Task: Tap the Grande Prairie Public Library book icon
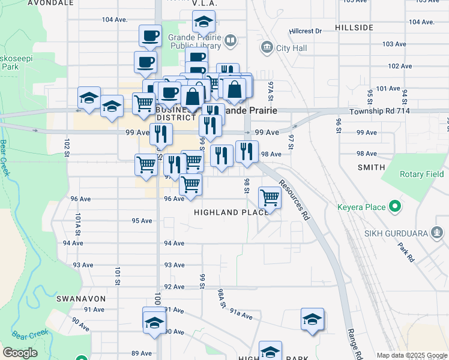coord(231,41)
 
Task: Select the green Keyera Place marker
coord(395,207)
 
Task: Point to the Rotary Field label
coord(422,174)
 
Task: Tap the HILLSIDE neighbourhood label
coord(354,28)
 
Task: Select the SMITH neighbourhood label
coord(370,167)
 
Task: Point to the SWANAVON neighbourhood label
coord(81,298)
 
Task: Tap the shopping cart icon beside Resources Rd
coord(270,197)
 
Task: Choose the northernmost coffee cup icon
coord(149,35)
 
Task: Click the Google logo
coord(20,352)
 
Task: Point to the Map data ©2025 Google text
coord(411,355)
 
